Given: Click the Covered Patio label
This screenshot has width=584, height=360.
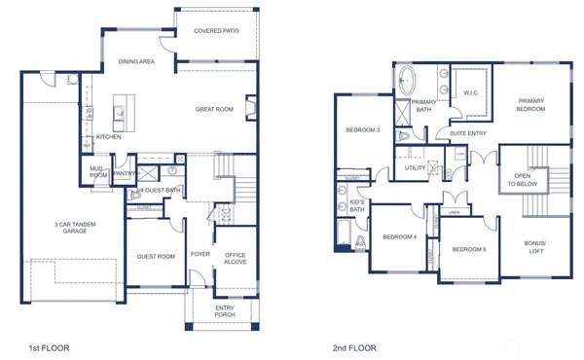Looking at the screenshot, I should tap(216, 30).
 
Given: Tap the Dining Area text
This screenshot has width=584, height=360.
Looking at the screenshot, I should tap(137, 62).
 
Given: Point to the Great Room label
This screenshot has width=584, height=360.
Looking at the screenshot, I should tap(214, 109).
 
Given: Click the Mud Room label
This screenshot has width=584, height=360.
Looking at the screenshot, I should tap(98, 172).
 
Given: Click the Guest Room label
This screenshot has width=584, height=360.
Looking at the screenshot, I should tap(156, 256).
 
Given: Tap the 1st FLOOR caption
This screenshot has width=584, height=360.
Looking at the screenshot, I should tap(39, 345).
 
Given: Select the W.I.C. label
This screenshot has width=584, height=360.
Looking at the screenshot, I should tap(470, 93).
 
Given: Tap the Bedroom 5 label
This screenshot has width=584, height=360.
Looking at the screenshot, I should tap(469, 249).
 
